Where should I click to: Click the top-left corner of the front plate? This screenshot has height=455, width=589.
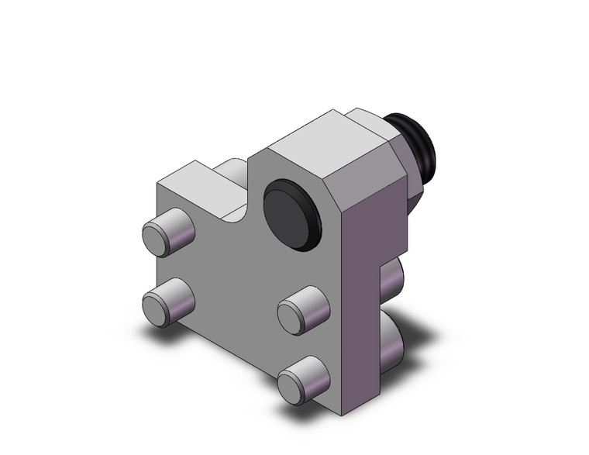[x=158, y=186]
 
